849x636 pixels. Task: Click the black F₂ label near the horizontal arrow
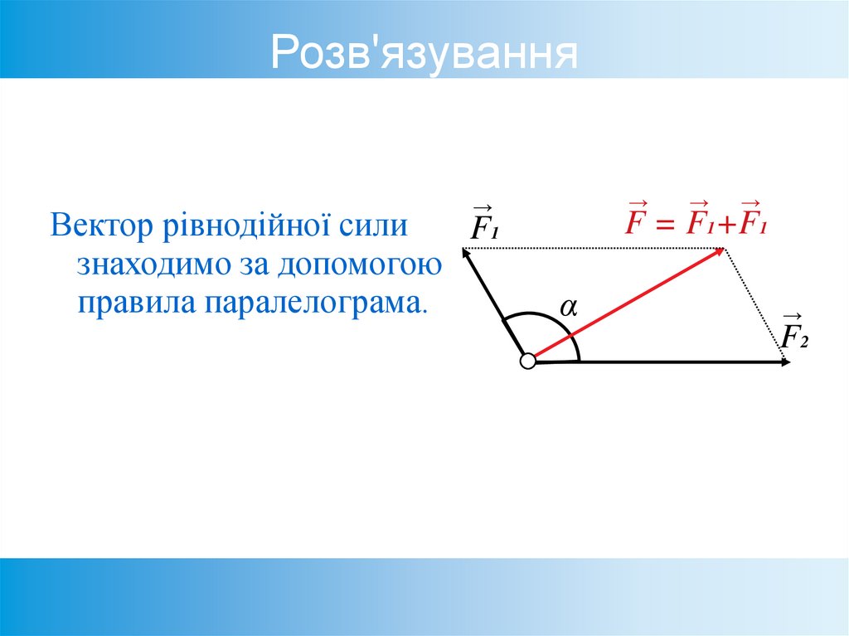tap(793, 334)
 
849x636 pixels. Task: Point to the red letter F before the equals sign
tap(636, 221)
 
